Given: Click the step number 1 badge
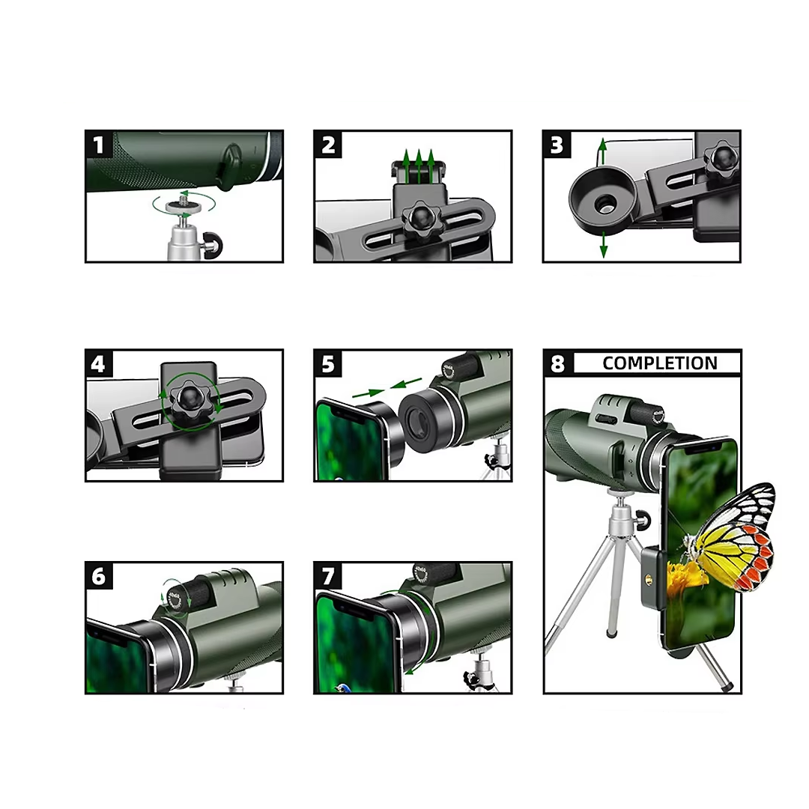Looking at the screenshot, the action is click(99, 145).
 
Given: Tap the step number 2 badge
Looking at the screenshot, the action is click(328, 145).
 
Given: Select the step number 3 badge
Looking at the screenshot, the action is click(557, 145).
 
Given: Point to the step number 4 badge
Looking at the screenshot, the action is click(99, 364).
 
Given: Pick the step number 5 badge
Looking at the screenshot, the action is click(328, 364).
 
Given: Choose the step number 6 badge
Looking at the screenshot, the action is click(99, 576).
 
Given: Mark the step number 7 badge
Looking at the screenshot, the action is click(328, 576).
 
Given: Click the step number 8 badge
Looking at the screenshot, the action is click(558, 363).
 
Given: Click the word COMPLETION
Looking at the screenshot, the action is click(660, 363).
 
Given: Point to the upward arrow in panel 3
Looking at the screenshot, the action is click(602, 151).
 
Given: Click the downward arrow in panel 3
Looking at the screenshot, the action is click(603, 245).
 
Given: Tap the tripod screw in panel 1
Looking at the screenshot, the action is click(184, 198).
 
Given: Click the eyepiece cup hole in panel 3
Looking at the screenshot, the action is click(605, 204).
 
